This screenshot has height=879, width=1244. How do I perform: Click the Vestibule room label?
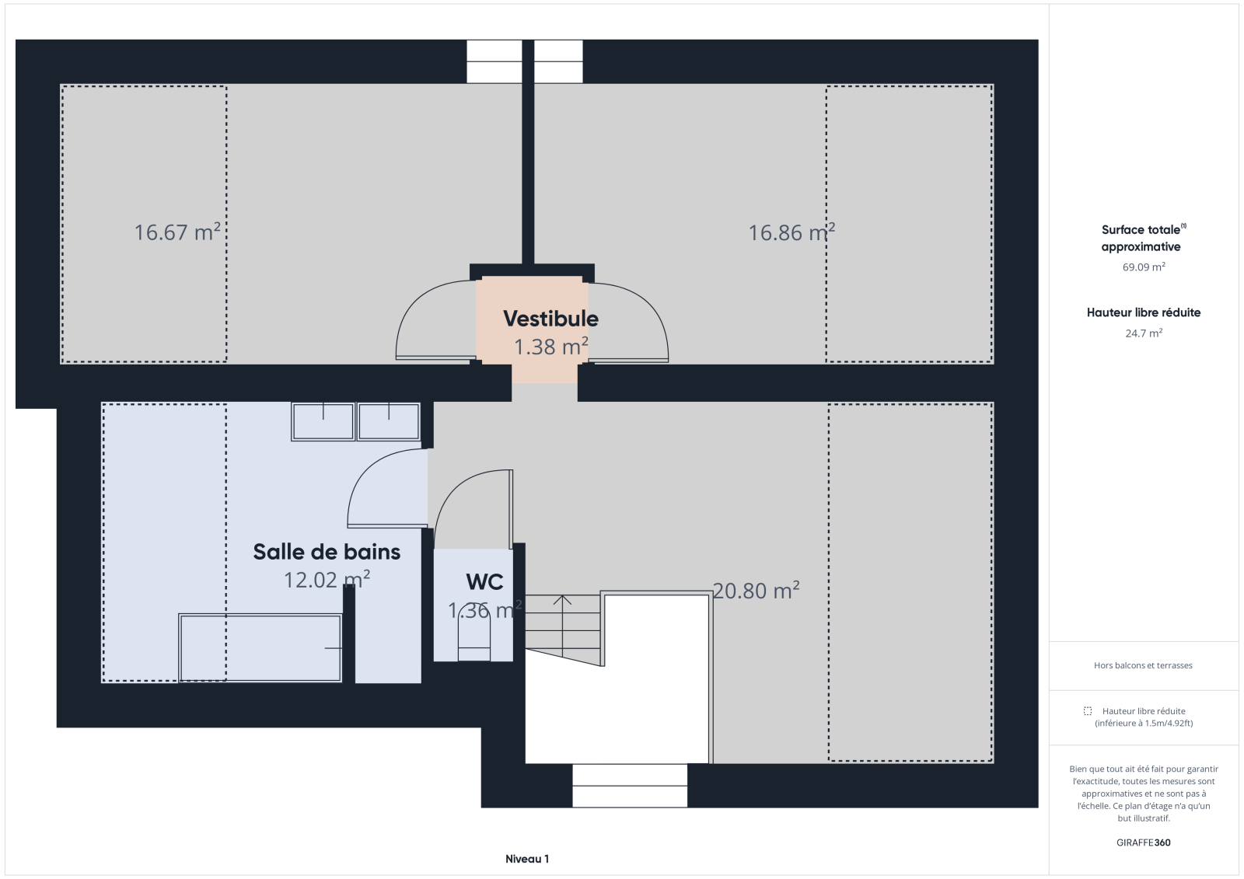[x=550, y=319]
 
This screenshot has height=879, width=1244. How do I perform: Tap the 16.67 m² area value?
[x=177, y=232]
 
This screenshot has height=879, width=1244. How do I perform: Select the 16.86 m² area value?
[x=791, y=232]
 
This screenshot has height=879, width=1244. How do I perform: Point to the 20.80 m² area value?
[x=756, y=590]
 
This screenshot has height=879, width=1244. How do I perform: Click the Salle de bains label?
[x=327, y=552]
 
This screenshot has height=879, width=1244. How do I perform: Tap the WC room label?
[x=485, y=582]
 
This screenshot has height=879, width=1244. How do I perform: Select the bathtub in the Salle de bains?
[x=260, y=647]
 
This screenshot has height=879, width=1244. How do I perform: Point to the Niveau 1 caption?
[x=527, y=859]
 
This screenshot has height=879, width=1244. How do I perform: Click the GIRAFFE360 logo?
[x=1144, y=842]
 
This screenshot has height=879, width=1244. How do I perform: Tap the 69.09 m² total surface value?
[x=1144, y=267]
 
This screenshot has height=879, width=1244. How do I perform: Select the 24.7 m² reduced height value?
[x=1144, y=333]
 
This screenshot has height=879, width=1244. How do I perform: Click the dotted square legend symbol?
[x=1088, y=711]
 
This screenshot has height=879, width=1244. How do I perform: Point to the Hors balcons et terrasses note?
[x=1143, y=665]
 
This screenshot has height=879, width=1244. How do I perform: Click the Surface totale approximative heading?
[x=1144, y=238]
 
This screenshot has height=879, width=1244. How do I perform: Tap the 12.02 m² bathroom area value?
[x=327, y=580]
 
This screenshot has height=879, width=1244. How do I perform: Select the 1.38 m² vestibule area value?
[x=550, y=347]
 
